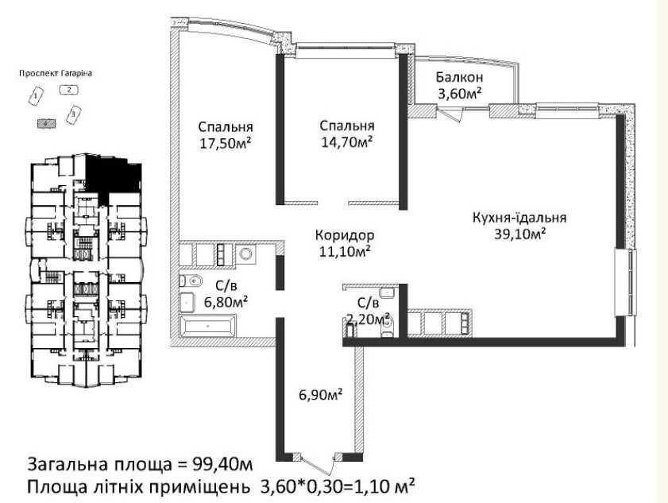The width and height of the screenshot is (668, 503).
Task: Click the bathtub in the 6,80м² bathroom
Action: coord(208,326)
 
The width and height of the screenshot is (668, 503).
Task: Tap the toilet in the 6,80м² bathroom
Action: coord(191,281)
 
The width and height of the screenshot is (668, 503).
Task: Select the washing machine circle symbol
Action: coord(245,254)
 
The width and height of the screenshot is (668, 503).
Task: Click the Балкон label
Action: coord(459,77)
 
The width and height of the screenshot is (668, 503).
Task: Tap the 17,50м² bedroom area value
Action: coord(225,143)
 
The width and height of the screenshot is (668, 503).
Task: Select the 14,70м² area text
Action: coord(347,142)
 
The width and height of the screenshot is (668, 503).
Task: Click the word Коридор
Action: coord(345,235)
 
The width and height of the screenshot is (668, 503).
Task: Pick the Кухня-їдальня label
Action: coord(519,218)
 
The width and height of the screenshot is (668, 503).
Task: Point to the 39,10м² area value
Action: coord(519,234)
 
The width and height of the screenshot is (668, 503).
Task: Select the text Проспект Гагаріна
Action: coord(56,73)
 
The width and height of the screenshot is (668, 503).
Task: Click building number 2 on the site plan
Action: coord(70,90)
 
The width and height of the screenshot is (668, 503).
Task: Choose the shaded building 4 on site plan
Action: coord(47,123)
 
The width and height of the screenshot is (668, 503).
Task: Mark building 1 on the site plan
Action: coord(37,96)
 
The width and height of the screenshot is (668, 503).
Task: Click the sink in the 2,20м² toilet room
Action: coord(388,292)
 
